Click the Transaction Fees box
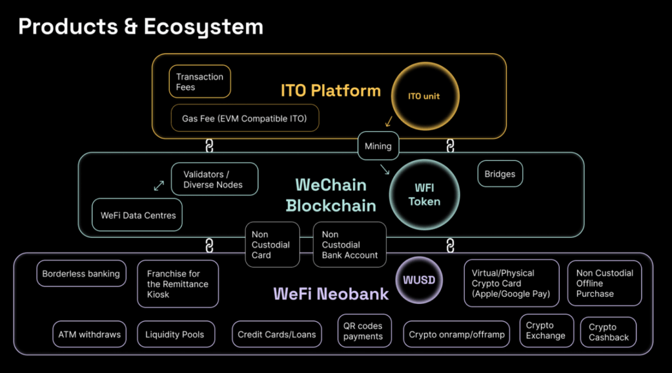click(199, 81)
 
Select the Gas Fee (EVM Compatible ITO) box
click(245, 118)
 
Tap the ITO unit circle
click(425, 96)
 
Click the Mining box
click(378, 146)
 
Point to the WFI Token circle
click(425, 194)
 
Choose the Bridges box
click(499, 173)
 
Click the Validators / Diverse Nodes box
click(215, 179)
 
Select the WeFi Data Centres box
click(137, 215)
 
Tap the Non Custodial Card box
click(272, 244)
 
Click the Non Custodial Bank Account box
click(350, 244)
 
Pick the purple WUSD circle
click(419, 280)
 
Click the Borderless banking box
click(81, 274)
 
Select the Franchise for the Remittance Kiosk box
click(178, 284)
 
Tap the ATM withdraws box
click(89, 334)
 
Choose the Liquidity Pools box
click(176, 334)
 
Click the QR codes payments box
click(364, 330)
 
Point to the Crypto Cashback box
click(608, 332)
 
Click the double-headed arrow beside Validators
click(159, 186)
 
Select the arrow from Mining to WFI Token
click(385, 170)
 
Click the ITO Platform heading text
click(331, 91)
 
